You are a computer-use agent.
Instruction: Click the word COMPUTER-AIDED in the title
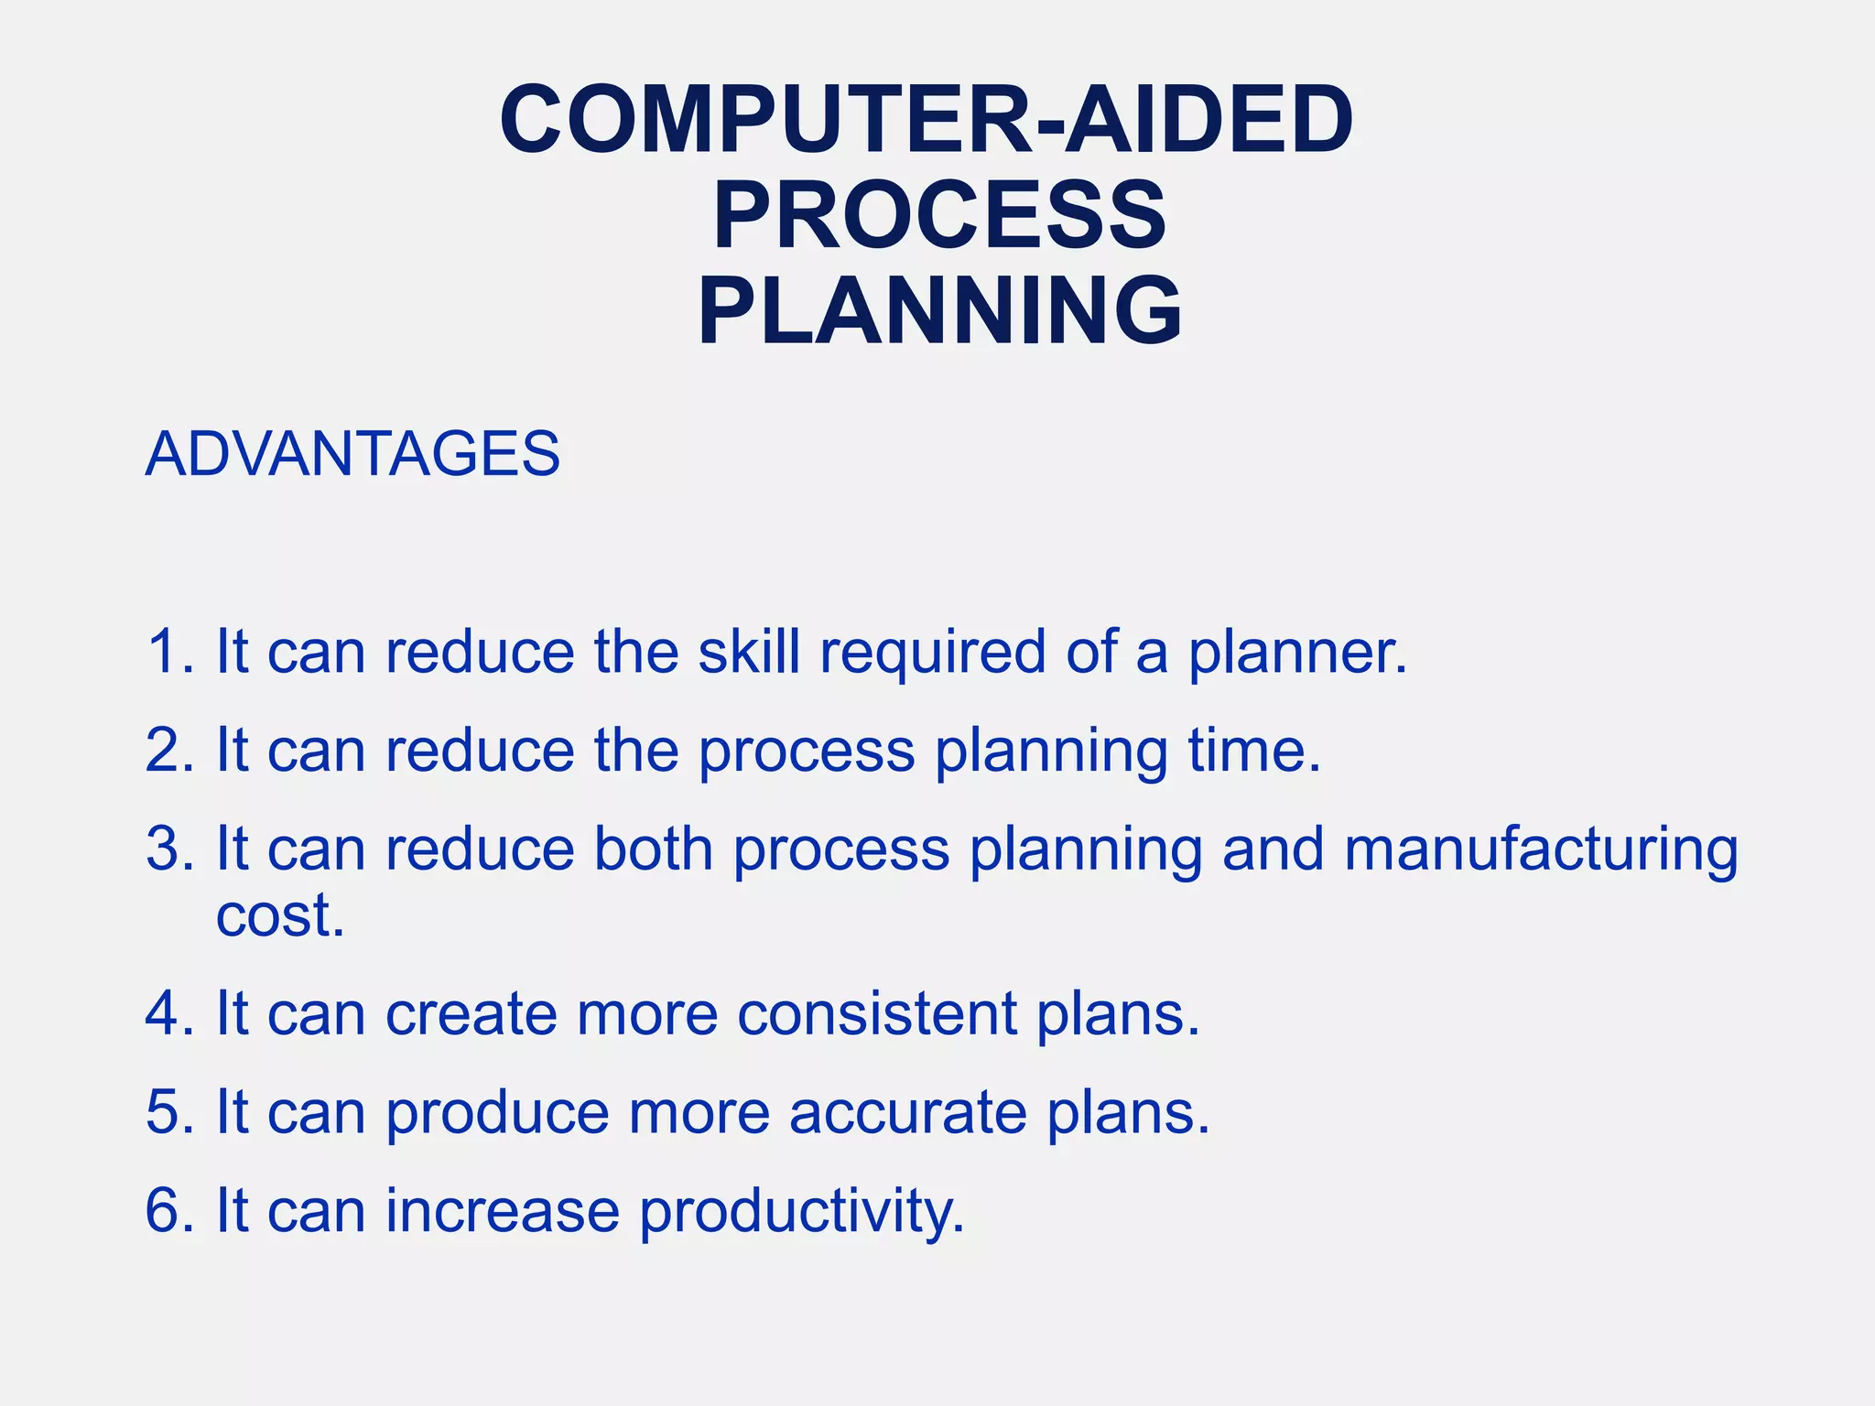(927, 120)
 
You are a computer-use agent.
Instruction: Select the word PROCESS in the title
(939, 216)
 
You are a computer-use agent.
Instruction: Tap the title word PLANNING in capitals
(939, 312)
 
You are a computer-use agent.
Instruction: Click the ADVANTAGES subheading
(352, 454)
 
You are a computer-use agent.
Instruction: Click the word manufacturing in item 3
(1540, 850)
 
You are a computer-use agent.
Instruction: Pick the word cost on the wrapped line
(278, 915)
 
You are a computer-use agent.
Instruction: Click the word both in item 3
(653, 849)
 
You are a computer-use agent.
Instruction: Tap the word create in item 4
(471, 1014)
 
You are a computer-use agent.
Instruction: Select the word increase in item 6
(503, 1211)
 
